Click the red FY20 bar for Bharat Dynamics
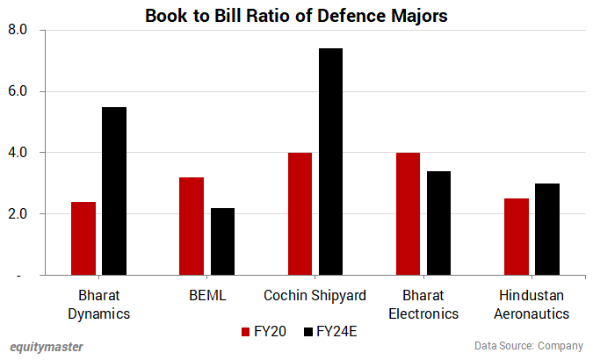pos(83,239)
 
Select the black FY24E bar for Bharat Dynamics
pos(114,191)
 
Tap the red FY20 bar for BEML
pos(192,227)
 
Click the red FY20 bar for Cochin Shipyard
pos(300,214)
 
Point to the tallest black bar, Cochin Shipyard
pos(330,162)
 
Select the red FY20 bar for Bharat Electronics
pos(408,214)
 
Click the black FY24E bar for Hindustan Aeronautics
pos(546,229)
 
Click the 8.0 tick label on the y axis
pos(18,30)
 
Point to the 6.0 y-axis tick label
pos(18,91)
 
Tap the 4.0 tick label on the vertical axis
pos(18,153)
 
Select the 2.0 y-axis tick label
pos(18,214)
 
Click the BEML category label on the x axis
pos(206,295)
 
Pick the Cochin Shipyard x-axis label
pos(315,295)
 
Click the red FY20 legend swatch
pos(247,332)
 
